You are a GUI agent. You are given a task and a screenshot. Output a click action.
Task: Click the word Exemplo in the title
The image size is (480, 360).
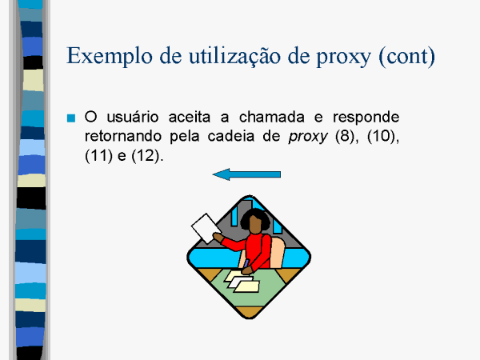click(x=110, y=56)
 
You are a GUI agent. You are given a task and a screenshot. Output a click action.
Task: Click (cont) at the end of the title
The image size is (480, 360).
click(x=406, y=57)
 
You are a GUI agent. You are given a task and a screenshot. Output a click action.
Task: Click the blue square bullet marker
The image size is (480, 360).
click(x=71, y=118)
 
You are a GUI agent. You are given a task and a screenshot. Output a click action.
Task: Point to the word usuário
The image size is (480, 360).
click(x=133, y=117)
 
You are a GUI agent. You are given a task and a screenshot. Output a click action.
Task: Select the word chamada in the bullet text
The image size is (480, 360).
click(x=271, y=117)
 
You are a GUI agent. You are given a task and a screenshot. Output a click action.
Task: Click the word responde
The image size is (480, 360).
click(x=366, y=118)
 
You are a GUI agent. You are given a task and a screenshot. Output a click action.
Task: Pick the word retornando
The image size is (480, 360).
click(x=122, y=136)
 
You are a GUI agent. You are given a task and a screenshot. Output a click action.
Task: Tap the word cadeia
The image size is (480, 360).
click(x=231, y=136)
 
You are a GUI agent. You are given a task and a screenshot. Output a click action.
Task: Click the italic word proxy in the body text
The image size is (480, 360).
click(x=308, y=138)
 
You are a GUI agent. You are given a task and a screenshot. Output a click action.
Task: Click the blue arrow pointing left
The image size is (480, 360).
click(x=246, y=174)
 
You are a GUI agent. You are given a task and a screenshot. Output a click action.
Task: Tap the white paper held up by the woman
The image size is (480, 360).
click(x=206, y=228)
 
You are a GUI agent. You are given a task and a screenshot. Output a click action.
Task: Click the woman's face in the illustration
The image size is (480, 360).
click(x=255, y=224)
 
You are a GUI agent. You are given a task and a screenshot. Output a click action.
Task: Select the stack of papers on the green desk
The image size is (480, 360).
click(x=242, y=282)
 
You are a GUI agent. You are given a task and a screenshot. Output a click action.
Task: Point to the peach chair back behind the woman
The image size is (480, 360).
click(x=277, y=252)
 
